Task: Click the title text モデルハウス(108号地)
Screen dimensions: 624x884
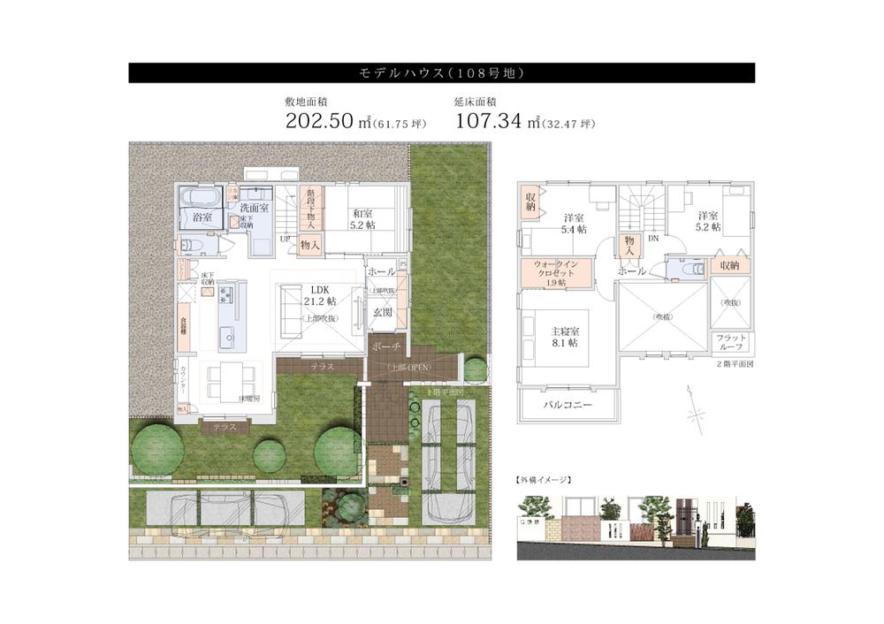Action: [441, 72]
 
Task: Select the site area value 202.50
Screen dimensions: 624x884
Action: [319, 122]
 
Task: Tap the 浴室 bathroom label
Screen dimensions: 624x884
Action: [202, 217]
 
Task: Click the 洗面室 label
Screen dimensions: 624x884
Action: [255, 208]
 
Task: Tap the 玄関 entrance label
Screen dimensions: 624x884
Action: [382, 313]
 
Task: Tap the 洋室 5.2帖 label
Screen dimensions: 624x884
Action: [708, 221]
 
